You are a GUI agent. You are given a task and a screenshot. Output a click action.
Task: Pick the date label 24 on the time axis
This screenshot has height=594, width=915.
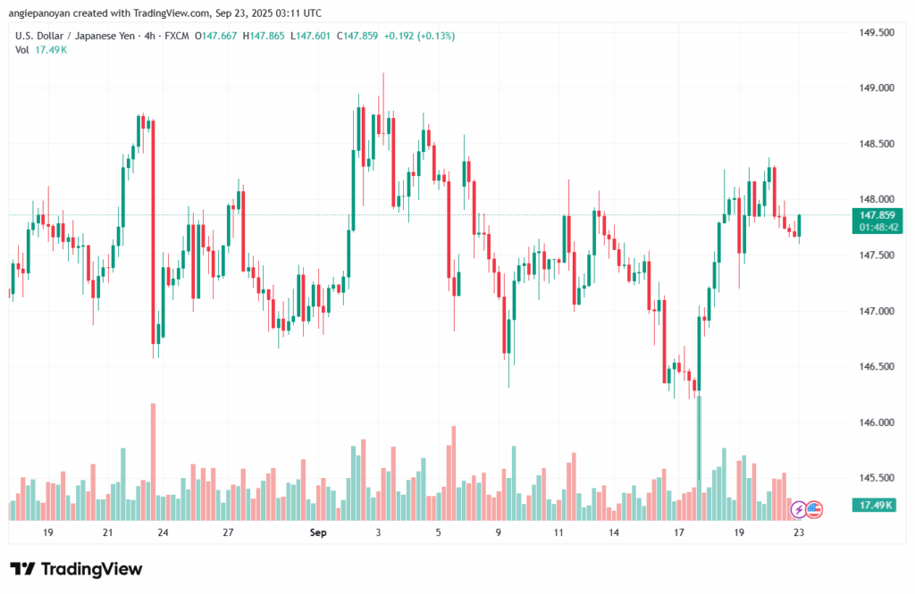(x=164, y=532)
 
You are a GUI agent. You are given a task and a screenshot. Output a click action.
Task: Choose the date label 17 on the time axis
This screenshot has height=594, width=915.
(x=679, y=532)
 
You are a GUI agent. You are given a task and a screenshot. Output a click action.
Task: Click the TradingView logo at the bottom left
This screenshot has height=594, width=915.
(x=76, y=569)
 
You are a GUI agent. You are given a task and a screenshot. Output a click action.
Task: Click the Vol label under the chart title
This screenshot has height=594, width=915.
(x=21, y=50)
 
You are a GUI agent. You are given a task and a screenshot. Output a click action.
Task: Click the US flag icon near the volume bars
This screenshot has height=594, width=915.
(x=813, y=509)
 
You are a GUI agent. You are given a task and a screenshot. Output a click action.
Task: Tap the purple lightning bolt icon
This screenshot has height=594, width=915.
(x=798, y=509)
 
